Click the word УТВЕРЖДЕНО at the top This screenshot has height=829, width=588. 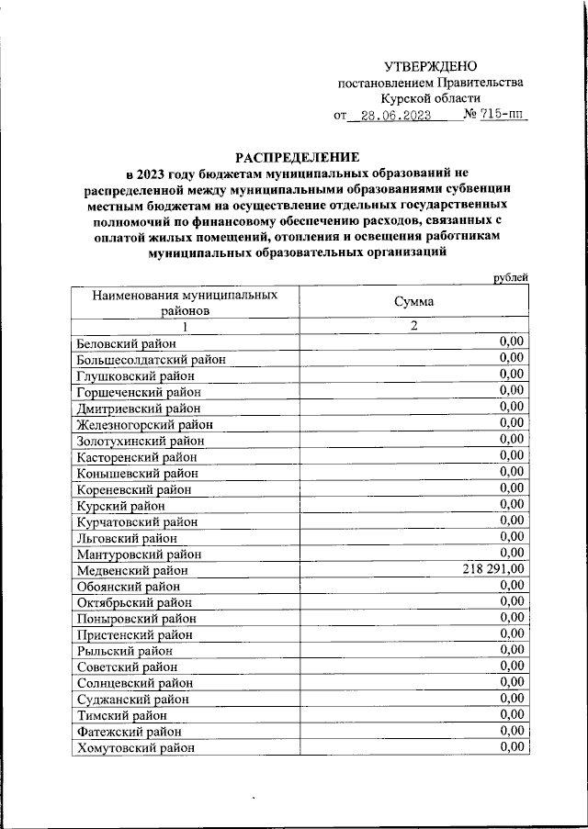431,65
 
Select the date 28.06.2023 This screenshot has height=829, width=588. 395,117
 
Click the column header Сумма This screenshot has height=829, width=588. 413,302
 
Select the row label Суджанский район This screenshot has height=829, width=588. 127,700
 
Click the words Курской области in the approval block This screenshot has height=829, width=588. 431,98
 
